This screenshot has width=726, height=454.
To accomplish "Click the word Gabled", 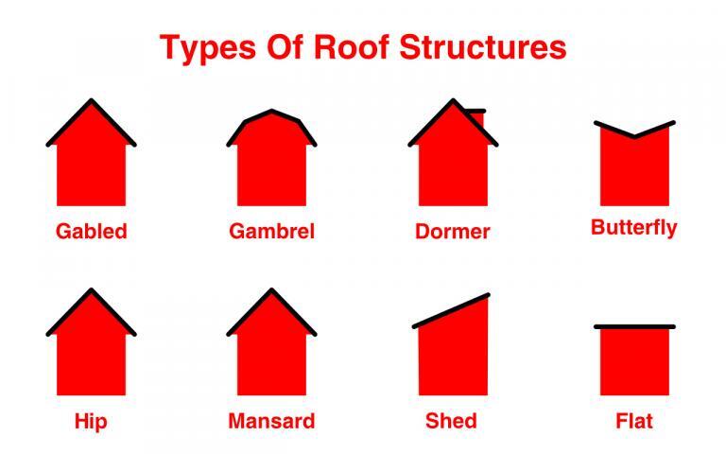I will [91, 231].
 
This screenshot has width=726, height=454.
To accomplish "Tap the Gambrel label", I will [271, 231].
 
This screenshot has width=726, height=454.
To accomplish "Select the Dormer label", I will [453, 231].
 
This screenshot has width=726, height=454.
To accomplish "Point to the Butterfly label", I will [633, 228].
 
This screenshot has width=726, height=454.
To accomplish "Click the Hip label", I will [91, 421].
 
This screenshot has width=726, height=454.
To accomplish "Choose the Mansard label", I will [271, 421].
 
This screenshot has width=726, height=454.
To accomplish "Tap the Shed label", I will [452, 421].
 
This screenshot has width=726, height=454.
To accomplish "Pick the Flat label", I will [633, 421].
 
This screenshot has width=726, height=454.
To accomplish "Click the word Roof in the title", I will [358, 46].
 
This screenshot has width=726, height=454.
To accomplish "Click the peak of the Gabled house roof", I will [91, 101].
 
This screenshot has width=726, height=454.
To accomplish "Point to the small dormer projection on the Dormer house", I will [476, 113].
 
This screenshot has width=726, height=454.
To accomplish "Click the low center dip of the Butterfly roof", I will [633, 136].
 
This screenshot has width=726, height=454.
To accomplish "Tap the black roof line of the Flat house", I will [634, 326].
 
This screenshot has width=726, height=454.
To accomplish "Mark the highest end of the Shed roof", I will [488, 296].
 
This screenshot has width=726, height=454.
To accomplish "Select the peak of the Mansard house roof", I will [271, 291].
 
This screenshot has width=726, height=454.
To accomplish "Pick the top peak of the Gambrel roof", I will [272, 111].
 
